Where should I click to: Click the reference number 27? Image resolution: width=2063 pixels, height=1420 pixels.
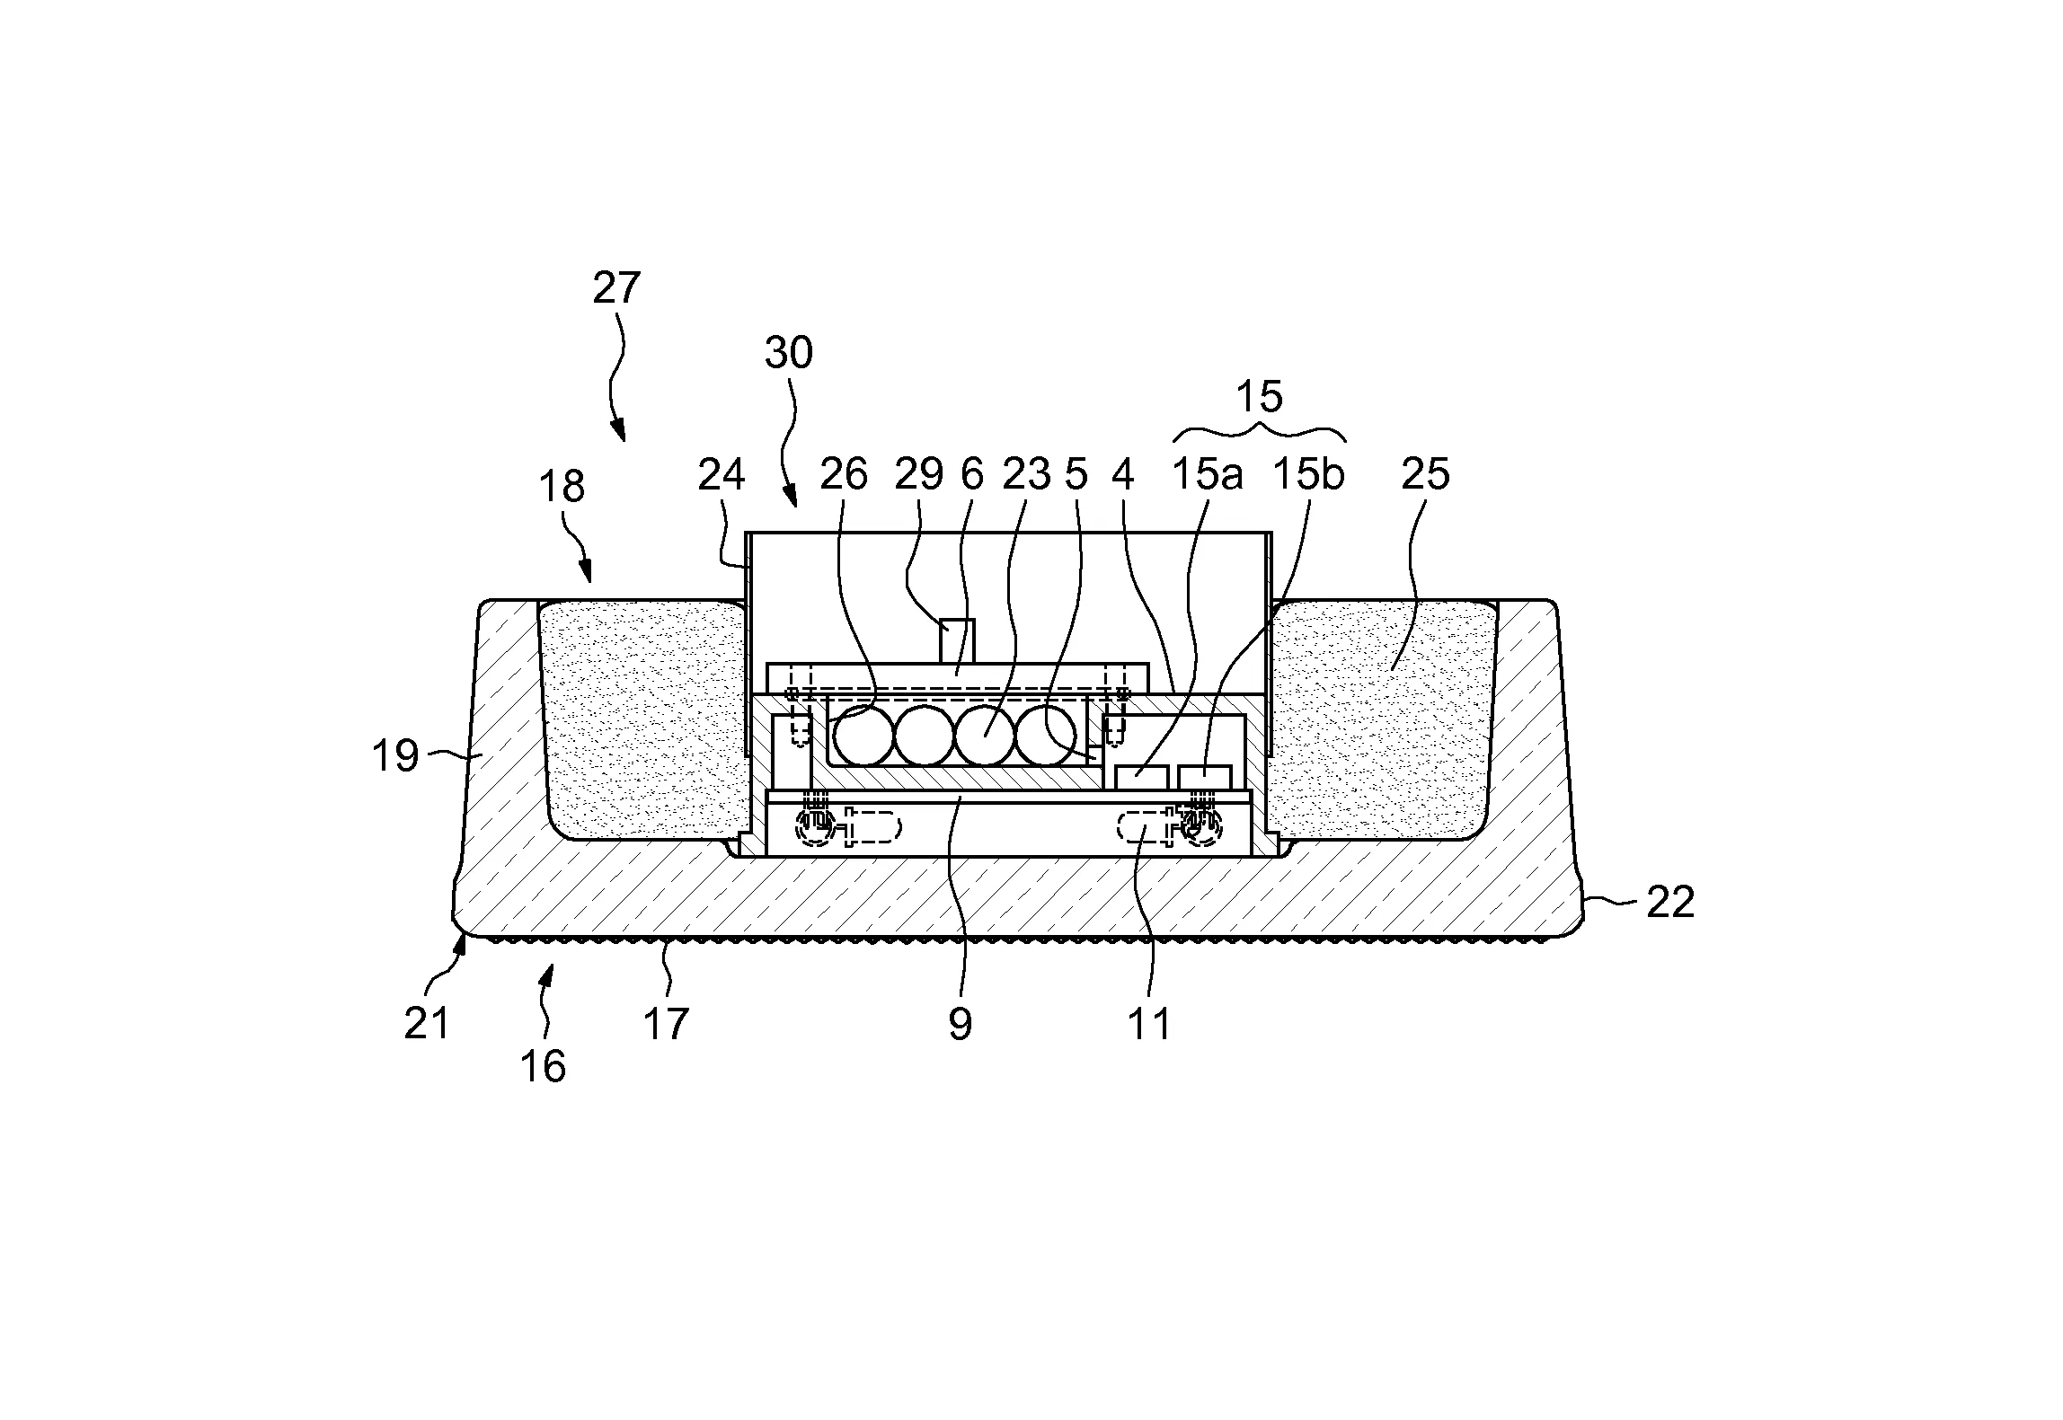coord(616,288)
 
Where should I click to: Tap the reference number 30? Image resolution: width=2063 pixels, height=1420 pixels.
coord(789,354)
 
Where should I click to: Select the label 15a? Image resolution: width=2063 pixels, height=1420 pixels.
coord(1208,474)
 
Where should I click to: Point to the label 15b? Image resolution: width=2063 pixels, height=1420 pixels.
coord(1308,474)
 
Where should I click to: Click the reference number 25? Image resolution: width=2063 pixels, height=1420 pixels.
coord(1425,474)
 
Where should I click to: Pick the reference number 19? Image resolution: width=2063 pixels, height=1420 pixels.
coord(395,756)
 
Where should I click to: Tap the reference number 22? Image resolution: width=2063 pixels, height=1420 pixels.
coord(1670,903)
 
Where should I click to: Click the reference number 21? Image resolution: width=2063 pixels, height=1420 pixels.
coord(426,1024)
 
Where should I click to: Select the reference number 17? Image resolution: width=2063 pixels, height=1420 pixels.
coord(666,1024)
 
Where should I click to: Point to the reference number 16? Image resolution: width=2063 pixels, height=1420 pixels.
coord(543,1066)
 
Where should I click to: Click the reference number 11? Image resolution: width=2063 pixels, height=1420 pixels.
coord(1149,1024)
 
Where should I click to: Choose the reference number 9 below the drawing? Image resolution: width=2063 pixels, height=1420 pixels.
coord(960,1024)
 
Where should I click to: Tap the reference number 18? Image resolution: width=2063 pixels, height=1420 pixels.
coord(562,487)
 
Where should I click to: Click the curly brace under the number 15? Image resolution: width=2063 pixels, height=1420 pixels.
coord(1260,431)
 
